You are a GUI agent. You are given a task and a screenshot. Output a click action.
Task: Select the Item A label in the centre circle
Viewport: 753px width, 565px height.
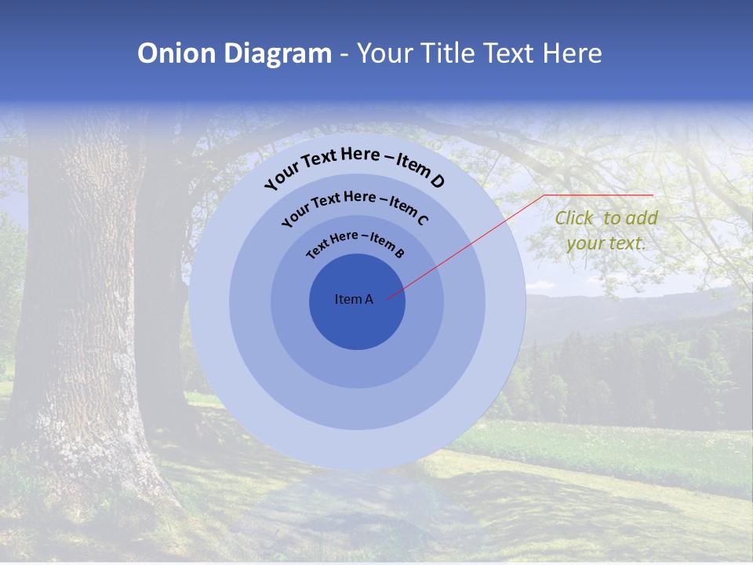tap(354, 299)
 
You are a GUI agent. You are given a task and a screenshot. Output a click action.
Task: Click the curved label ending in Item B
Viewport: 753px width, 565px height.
tap(355, 244)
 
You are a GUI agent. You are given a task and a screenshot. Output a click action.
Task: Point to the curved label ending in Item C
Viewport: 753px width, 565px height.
tap(355, 207)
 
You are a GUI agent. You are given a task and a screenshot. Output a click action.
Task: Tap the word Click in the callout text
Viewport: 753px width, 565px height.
tap(574, 219)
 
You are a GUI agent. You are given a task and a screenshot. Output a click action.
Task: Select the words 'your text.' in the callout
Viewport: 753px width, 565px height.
tap(606, 243)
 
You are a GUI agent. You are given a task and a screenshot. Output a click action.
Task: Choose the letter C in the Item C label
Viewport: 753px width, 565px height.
tap(422, 220)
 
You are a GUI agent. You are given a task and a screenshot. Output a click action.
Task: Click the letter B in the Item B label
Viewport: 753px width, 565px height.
tap(399, 253)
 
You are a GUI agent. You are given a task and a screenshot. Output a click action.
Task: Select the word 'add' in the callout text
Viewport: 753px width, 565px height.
tap(641, 219)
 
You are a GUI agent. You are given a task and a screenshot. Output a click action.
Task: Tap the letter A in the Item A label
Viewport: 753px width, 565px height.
tap(369, 299)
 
